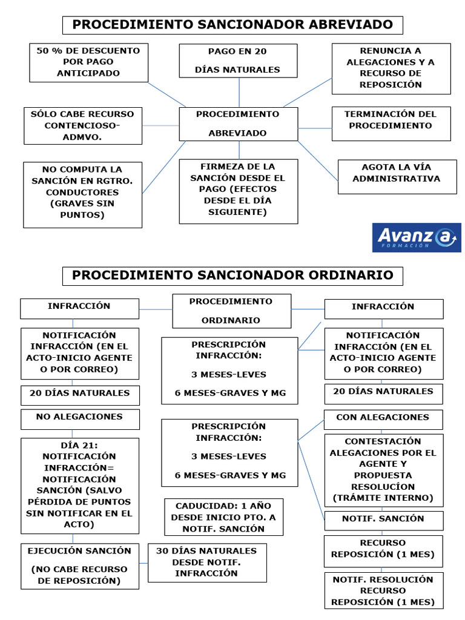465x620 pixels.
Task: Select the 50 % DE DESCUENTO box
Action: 88,62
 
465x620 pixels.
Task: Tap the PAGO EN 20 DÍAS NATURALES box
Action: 238,61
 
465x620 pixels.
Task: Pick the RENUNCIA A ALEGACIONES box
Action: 391,68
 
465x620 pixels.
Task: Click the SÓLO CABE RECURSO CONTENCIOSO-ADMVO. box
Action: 83,125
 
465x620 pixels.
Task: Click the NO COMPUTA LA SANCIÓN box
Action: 83,194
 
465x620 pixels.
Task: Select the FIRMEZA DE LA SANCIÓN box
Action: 238,190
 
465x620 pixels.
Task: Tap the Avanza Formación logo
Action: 416,237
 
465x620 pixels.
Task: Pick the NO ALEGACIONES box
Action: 79,418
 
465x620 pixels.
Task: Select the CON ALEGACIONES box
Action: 383,418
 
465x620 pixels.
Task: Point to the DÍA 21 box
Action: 79,485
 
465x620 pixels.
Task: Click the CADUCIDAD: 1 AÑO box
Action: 223,516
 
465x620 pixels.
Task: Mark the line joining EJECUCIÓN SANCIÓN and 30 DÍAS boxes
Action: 143,563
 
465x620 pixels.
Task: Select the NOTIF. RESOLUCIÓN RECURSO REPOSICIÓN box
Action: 383,590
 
